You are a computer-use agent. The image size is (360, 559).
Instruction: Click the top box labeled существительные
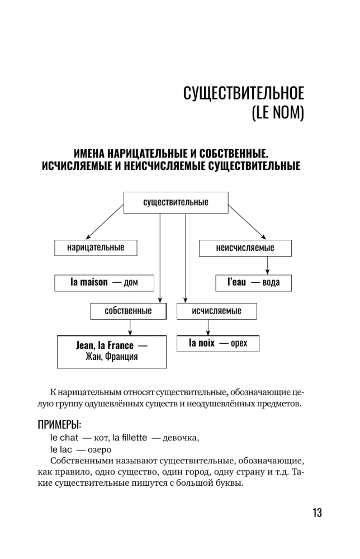click(176, 202)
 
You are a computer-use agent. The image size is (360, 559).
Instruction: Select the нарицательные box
click(96, 248)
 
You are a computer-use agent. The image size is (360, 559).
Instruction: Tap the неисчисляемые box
click(245, 248)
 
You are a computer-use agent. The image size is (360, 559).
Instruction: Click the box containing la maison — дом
click(103, 282)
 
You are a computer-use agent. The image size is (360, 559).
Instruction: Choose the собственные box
click(128, 311)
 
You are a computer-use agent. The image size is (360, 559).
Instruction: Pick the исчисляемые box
click(217, 311)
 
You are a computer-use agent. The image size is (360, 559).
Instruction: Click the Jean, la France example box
click(111, 351)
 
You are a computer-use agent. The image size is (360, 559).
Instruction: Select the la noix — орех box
click(217, 343)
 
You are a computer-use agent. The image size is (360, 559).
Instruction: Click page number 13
click(316, 513)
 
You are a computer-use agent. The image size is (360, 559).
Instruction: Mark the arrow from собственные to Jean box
click(130, 327)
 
